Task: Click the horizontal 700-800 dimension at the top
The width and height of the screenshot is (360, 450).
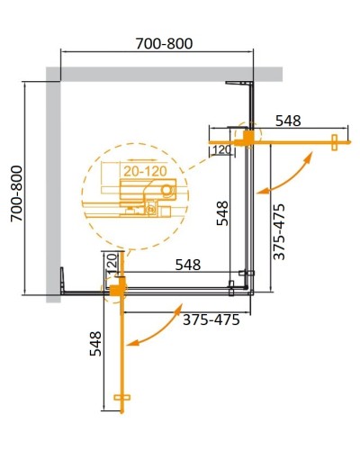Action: pos(158,43)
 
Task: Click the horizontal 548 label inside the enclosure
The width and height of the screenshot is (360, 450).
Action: pos(187,265)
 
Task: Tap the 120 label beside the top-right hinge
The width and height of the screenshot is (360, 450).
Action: pos(221,150)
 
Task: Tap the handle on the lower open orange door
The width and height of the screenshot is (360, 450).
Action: pos(123,399)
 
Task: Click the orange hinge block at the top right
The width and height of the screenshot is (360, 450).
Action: pos(245,136)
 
